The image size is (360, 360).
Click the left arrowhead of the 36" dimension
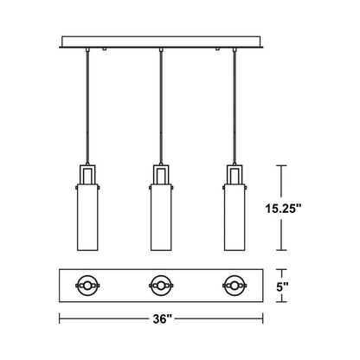pyautogui.click(x=61, y=318)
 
